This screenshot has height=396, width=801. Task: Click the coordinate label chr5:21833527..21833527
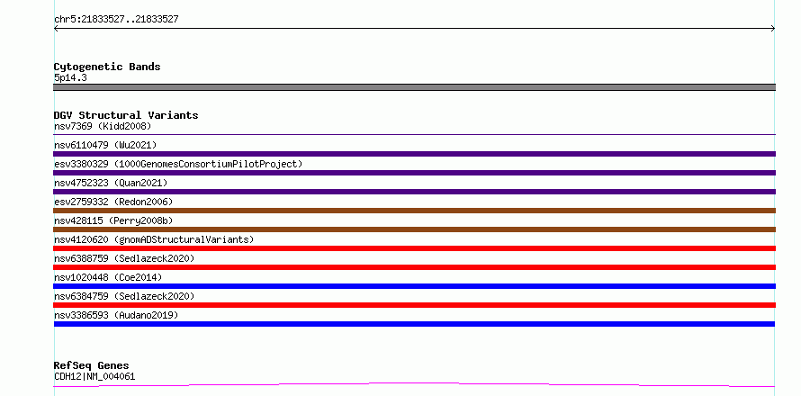click(116, 19)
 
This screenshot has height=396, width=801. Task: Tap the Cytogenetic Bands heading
click(107, 67)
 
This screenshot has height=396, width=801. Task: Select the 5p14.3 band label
click(70, 77)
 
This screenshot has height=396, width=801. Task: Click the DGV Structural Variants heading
click(126, 115)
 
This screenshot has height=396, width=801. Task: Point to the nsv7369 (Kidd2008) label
click(103, 126)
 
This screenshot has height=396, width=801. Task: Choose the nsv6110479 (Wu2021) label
click(105, 145)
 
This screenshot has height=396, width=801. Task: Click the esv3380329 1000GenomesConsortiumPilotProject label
click(178, 164)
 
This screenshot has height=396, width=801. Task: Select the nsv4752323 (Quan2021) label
click(111, 183)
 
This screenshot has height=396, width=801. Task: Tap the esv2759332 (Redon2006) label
click(113, 202)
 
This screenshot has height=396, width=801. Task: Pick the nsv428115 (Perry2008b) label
click(113, 220)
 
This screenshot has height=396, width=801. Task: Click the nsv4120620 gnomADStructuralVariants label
click(154, 239)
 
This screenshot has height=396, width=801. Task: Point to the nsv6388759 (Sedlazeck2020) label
click(124, 258)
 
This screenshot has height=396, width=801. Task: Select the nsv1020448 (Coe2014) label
click(108, 277)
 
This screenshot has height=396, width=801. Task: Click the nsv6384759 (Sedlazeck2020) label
click(124, 296)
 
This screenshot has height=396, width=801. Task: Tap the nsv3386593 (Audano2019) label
click(116, 315)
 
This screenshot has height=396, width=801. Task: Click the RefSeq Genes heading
click(92, 365)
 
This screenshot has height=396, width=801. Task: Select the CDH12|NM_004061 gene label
click(94, 376)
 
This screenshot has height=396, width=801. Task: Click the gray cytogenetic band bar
click(414, 87)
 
